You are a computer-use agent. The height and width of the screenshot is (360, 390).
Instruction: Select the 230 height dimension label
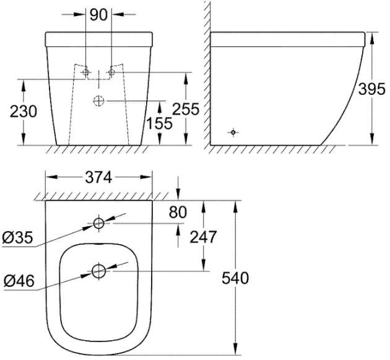pos(23,112)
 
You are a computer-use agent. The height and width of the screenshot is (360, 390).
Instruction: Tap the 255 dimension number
pos(186,110)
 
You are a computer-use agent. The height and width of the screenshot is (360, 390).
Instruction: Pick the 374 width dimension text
pos(98,177)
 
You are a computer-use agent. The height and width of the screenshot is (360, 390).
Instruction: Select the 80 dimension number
pos(178,213)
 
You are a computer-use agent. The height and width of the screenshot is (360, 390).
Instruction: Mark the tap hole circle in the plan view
pos(99,223)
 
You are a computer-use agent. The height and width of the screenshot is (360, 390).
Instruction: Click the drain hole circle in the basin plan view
pos(99,271)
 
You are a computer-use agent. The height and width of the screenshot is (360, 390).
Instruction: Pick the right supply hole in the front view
pos(112,73)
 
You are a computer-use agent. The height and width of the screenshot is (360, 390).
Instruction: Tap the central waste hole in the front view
pos(99,100)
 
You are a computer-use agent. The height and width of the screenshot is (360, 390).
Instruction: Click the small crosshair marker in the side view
pos(233,132)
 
